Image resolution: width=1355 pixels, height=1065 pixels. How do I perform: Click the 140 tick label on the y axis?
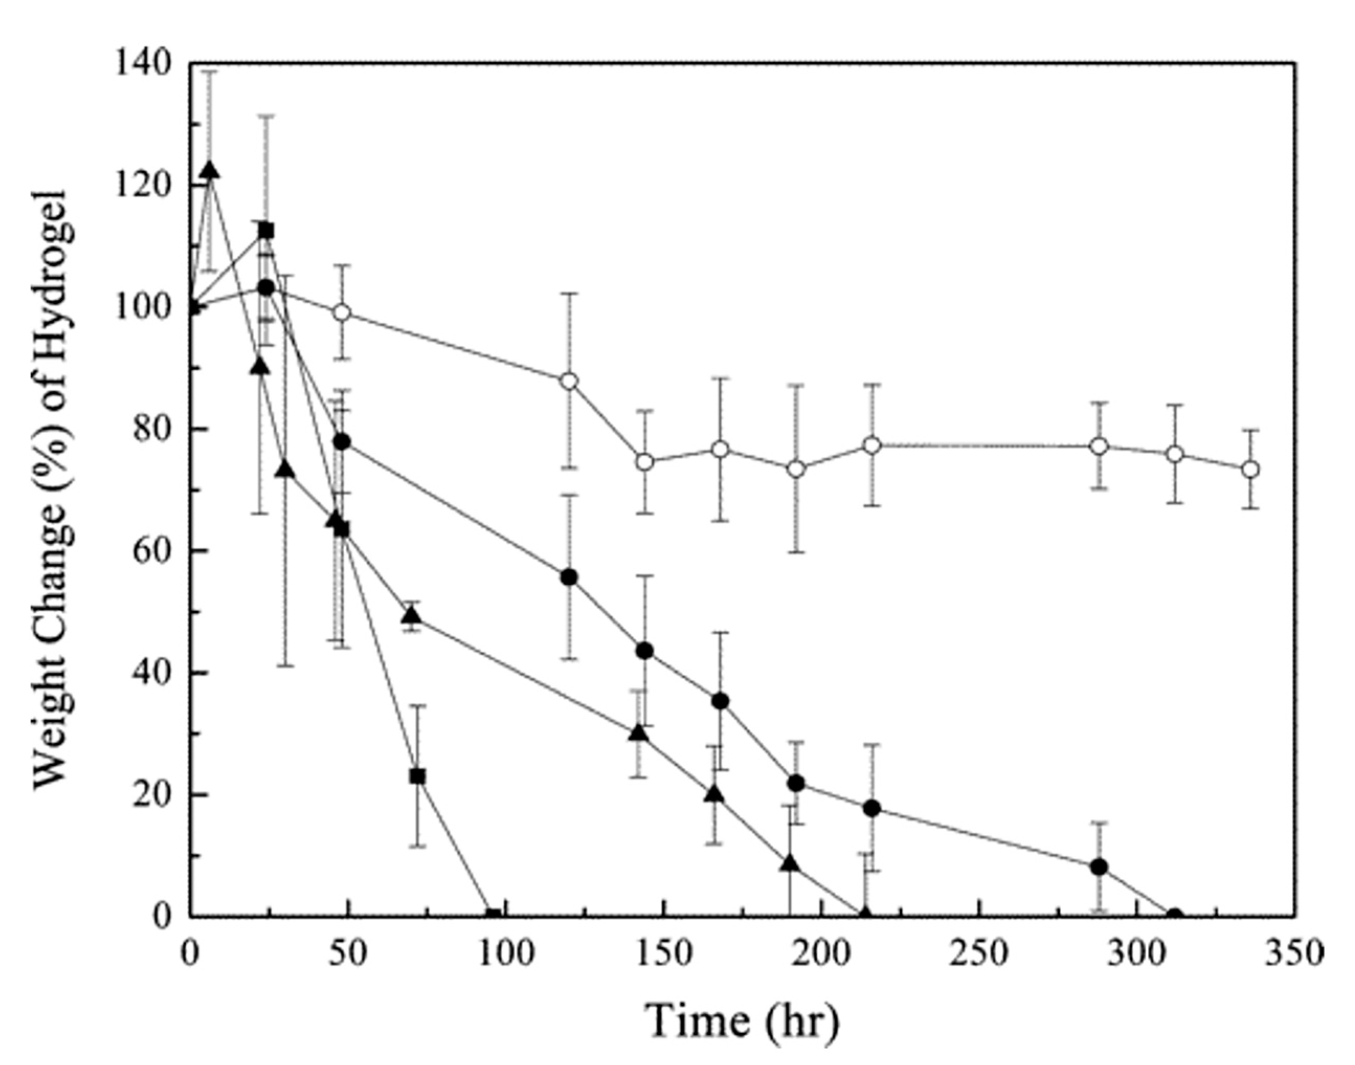[x=143, y=64]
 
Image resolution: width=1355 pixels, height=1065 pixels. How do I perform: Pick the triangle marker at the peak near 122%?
[x=210, y=171]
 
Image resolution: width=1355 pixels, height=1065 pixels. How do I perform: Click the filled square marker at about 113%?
[x=266, y=231]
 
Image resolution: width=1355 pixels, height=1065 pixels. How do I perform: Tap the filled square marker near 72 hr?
[x=418, y=776]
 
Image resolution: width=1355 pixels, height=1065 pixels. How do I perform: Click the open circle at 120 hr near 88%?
[x=569, y=381]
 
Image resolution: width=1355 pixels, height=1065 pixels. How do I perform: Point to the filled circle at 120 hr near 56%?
[x=569, y=577]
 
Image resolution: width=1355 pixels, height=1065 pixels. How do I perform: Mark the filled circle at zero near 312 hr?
[x=1174, y=916]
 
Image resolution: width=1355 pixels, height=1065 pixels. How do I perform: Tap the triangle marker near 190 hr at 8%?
[x=790, y=864]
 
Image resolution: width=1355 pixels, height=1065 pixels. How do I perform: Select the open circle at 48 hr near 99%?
[x=342, y=312]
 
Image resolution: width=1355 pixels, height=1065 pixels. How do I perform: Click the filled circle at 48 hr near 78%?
[x=342, y=442]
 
